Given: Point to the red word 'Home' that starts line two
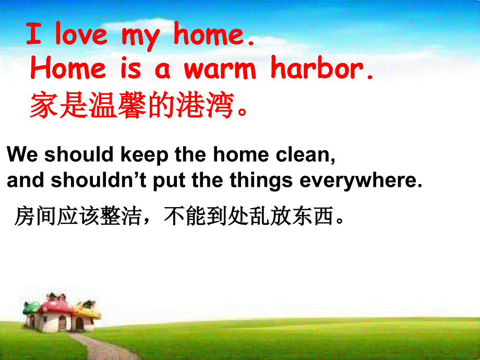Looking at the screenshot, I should [x=68, y=69].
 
